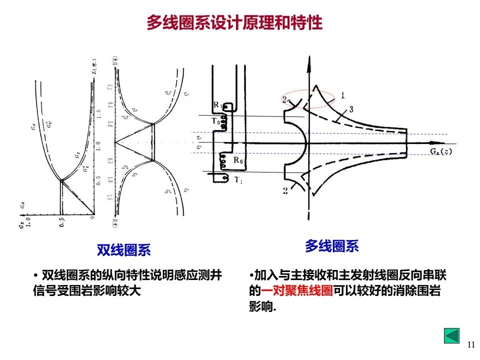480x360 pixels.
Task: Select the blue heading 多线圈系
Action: (x=332, y=246)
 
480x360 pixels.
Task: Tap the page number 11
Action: (x=470, y=344)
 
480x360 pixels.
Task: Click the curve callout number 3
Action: (x=352, y=109)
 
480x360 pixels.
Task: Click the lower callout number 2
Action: (x=284, y=190)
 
